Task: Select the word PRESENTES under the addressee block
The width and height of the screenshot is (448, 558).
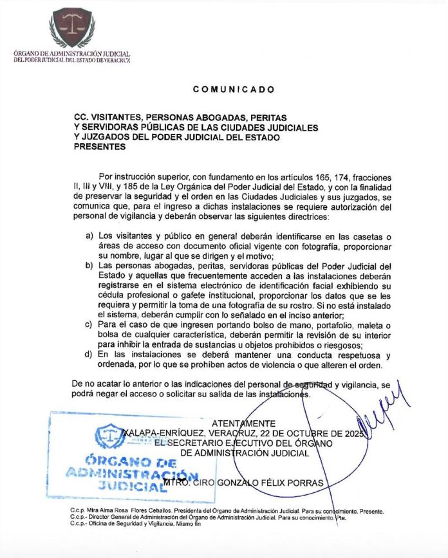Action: (100, 146)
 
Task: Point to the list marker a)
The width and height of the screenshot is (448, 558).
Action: (89, 236)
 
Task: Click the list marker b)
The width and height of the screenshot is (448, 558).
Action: (89, 265)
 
